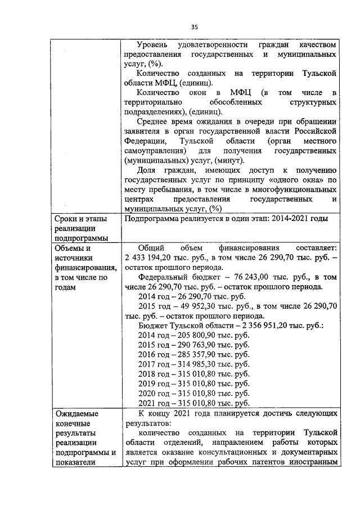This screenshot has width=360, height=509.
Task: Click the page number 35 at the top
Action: click(195, 26)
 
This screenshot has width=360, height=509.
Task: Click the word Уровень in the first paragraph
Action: click(154, 44)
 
